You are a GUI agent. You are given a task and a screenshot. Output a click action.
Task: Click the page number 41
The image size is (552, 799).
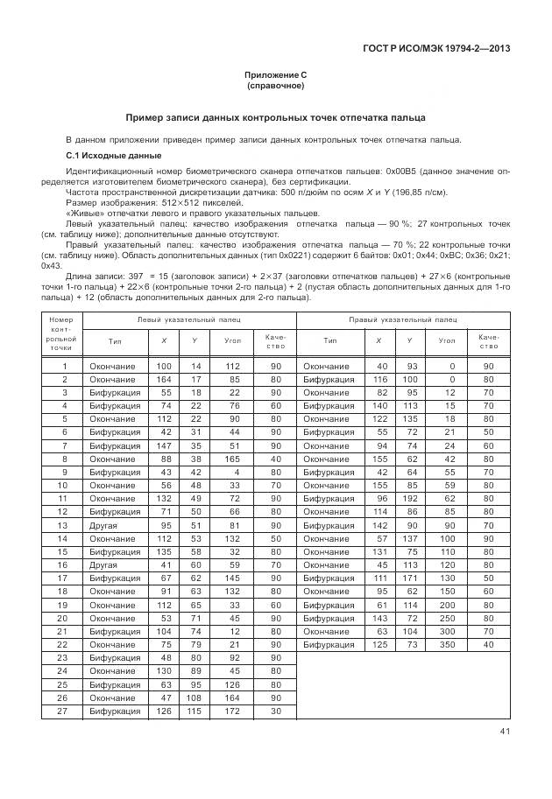(x=505, y=731)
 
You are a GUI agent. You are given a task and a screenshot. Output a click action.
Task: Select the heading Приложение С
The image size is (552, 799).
(x=275, y=75)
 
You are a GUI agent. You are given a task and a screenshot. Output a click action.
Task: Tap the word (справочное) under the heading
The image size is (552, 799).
(x=275, y=87)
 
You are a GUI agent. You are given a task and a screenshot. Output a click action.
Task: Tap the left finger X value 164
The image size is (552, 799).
(x=164, y=380)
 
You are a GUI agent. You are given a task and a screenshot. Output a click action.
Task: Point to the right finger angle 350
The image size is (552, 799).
(x=447, y=644)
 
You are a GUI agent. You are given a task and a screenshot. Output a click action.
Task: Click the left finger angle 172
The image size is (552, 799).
(x=232, y=711)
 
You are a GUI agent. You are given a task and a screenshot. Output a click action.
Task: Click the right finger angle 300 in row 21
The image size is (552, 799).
(x=447, y=630)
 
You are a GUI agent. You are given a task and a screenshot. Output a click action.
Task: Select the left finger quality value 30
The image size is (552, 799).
(x=276, y=711)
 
